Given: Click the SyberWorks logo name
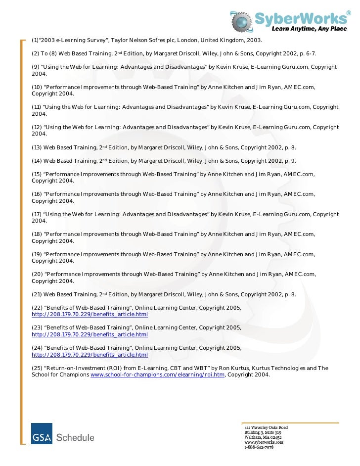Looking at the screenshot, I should coord(301,18).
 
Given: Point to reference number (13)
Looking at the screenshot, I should coord(36,147).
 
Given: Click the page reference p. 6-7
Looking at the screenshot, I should coord(306,53).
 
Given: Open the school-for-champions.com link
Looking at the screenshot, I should coord(157,375).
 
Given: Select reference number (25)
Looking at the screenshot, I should coord(37,368).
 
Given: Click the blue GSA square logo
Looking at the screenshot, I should coord(42,433).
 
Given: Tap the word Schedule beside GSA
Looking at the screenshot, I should coord(75,437).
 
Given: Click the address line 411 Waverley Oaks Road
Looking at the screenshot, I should coord(266,427).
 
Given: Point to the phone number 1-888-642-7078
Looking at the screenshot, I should coord(259,447).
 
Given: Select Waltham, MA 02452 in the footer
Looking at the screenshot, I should coord(263,437).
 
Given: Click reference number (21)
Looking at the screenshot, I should coord(36,294).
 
